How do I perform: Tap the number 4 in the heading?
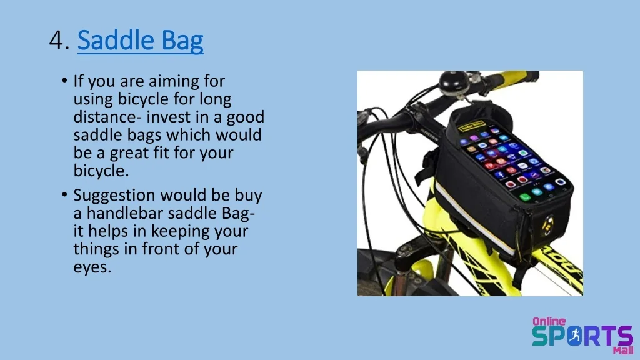coord(56,41)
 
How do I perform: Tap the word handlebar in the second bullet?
coord(124,213)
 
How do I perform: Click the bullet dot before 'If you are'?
coord(64,81)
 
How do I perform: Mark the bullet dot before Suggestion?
coord(64,195)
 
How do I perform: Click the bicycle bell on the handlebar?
coord(453,83)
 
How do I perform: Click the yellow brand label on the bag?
coord(472,125)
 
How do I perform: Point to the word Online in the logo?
coord(549,321)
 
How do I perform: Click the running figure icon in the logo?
coord(575,336)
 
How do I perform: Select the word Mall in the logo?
coord(623,350)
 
